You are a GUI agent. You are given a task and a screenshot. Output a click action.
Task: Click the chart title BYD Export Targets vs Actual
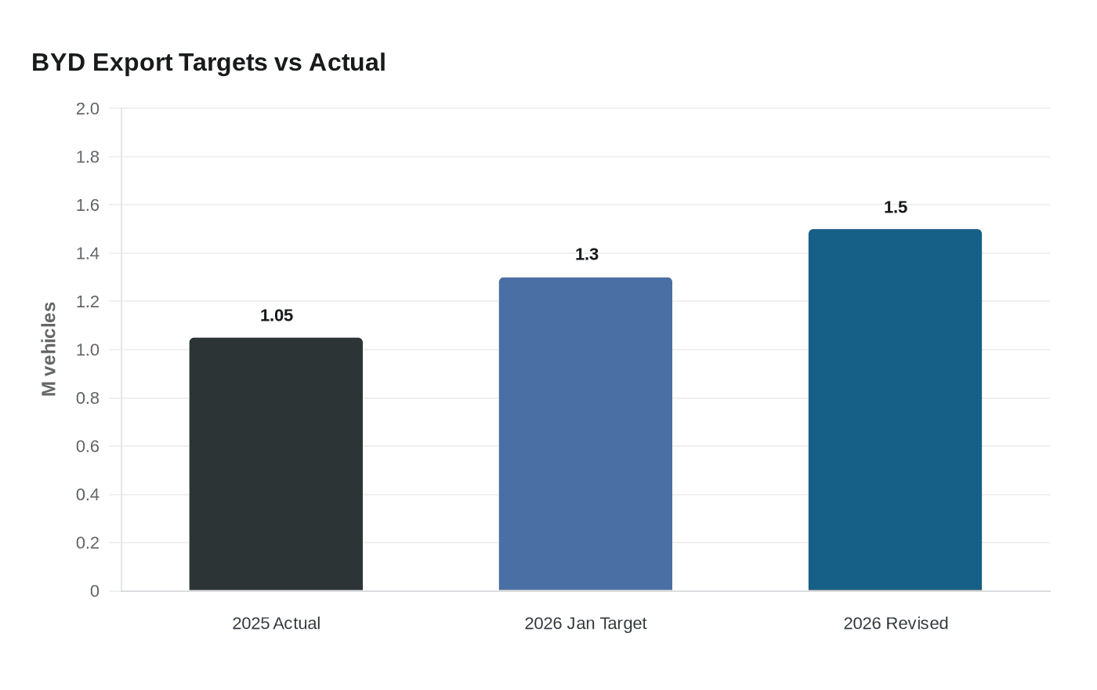208,62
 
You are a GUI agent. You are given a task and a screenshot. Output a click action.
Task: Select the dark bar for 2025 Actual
276,464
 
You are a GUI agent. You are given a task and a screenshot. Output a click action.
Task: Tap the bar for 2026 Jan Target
585,434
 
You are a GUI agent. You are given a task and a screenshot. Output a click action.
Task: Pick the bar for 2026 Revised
895,410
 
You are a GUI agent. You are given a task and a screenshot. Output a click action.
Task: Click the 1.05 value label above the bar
277,315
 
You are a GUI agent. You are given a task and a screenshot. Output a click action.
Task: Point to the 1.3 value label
586,254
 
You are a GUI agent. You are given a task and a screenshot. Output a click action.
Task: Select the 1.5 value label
895,207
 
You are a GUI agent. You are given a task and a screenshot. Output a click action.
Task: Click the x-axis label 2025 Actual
276,623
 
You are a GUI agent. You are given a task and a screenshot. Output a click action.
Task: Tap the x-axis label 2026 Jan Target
585,623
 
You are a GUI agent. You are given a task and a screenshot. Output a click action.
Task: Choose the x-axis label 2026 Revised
896,623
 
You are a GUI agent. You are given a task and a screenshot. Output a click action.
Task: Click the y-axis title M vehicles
49,349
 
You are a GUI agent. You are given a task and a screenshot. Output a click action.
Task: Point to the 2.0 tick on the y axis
88,109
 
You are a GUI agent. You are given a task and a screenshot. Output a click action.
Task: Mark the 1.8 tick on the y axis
88,157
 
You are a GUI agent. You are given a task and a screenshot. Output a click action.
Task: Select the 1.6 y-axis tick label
88,205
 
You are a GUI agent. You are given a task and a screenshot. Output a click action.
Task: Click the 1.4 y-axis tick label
88,253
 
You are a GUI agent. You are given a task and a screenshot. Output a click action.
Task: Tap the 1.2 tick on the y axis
88,302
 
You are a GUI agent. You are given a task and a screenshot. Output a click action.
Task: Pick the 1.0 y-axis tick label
88,350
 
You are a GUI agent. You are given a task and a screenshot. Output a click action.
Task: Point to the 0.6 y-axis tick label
88,446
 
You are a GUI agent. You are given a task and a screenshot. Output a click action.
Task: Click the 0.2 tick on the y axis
88,543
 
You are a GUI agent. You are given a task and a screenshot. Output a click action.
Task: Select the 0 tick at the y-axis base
95,591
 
